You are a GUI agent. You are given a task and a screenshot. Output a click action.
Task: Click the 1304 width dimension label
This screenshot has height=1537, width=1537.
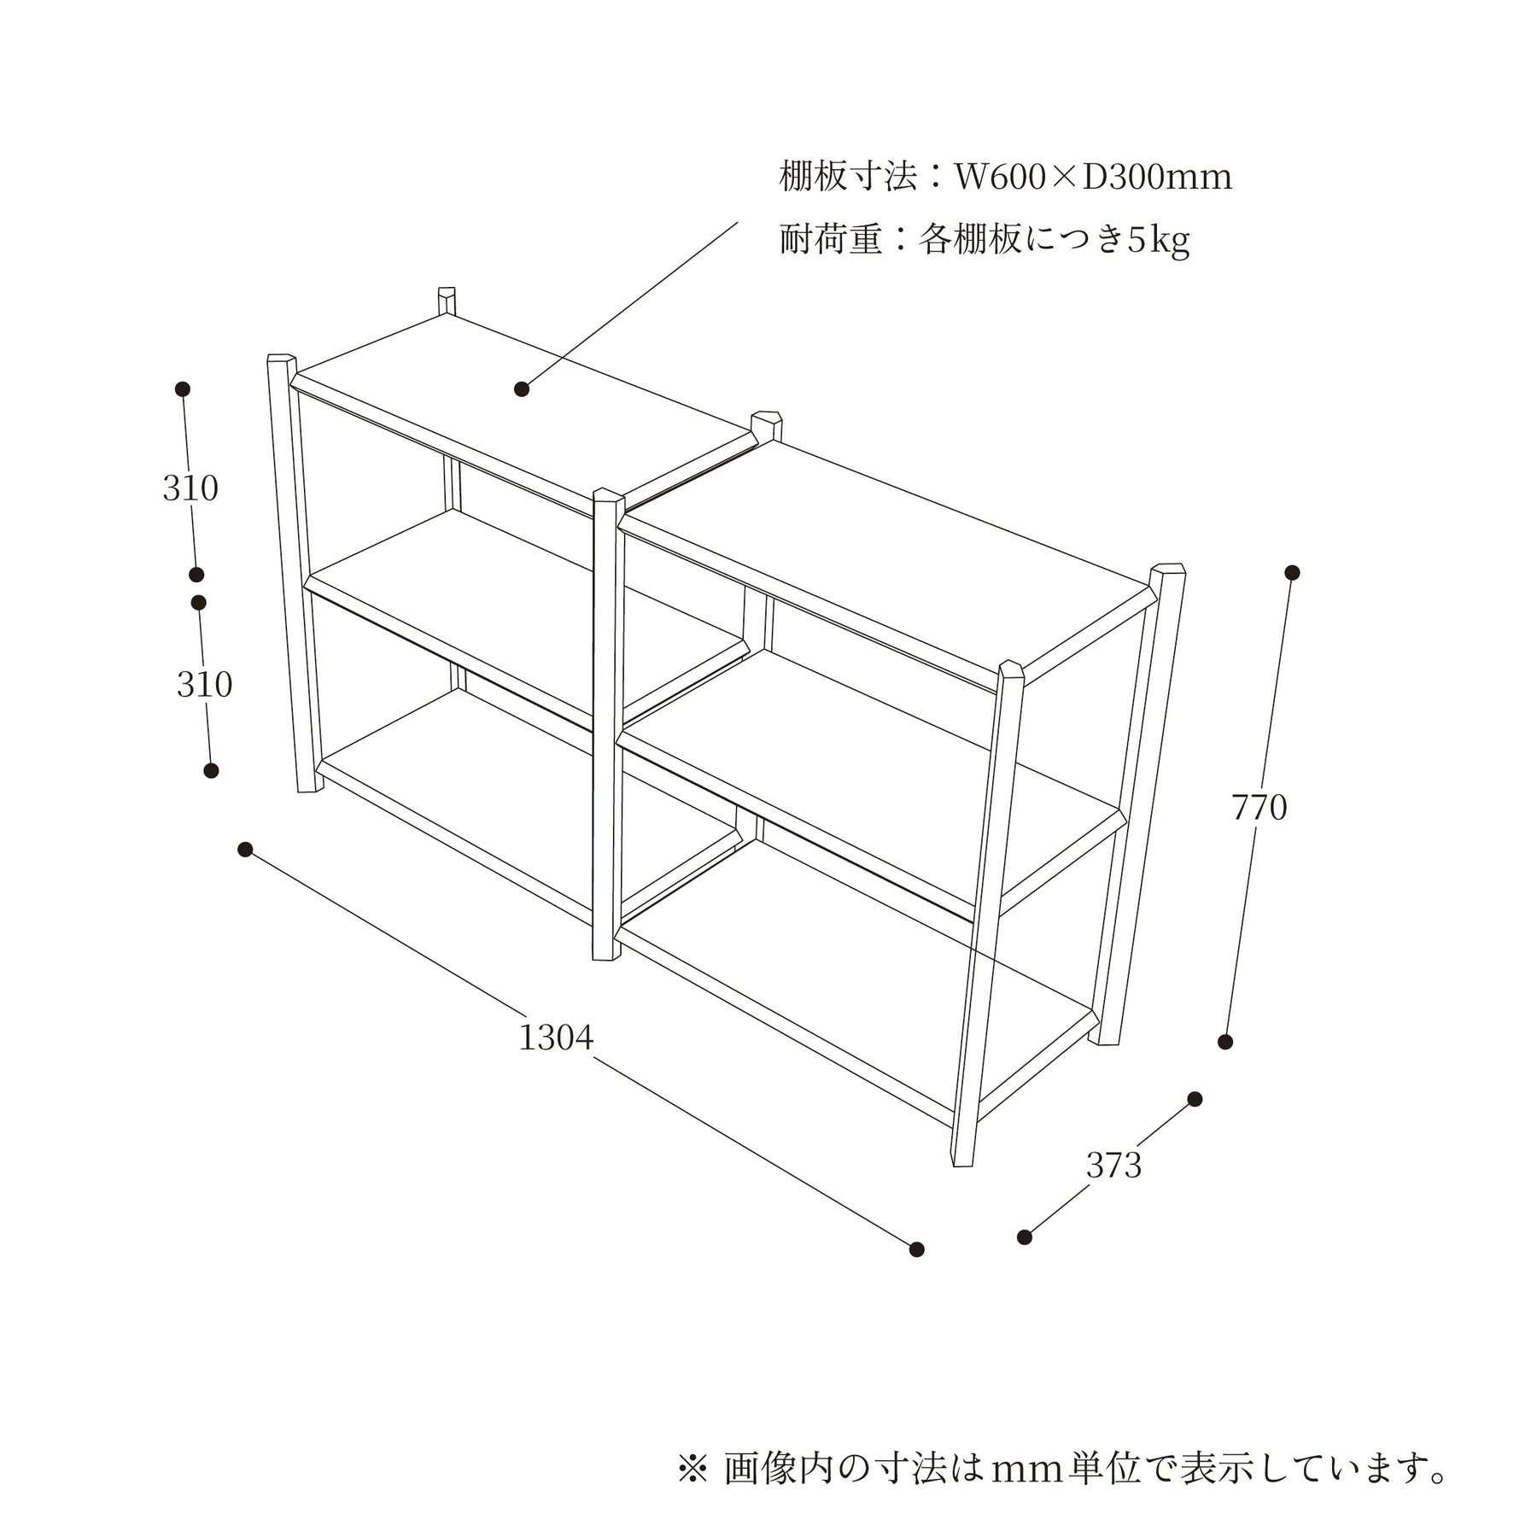[556, 1037]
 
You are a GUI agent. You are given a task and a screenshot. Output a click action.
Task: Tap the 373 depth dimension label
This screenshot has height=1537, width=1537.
[1113, 1165]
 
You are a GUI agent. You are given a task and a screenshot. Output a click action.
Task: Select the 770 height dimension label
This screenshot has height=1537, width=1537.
[1259, 807]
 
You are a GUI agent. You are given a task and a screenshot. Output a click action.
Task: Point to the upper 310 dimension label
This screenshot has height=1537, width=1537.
[190, 488]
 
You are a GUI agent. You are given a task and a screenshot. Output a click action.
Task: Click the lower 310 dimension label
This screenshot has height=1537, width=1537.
[204, 684]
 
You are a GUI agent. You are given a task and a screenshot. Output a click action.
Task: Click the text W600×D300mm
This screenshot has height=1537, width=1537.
[1093, 178]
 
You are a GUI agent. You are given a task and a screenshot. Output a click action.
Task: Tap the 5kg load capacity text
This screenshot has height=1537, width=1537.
[1159, 240]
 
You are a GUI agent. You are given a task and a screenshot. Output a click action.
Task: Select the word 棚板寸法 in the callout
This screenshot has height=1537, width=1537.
[848, 178]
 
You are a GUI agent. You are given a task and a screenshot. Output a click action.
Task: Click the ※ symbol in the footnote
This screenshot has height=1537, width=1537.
[693, 1467]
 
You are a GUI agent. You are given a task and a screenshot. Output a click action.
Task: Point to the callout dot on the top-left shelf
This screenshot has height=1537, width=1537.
[522, 389]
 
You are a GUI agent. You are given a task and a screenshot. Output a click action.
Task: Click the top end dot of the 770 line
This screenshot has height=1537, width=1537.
[1292, 572]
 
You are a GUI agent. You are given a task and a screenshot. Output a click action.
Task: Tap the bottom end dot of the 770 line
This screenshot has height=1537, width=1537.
[1225, 1042]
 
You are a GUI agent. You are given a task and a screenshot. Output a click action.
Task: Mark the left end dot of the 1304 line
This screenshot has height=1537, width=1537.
[245, 849]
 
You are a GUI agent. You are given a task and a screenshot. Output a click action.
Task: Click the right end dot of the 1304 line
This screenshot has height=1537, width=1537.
[916, 1249]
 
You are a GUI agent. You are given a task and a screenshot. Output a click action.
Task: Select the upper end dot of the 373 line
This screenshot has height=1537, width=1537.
[1195, 1099]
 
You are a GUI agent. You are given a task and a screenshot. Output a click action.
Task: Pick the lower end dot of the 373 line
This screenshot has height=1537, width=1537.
[1025, 1237]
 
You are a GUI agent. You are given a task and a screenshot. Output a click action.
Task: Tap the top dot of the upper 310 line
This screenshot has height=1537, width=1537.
[182, 389]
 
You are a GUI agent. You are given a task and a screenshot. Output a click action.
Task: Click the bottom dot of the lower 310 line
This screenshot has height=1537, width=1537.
[211, 770]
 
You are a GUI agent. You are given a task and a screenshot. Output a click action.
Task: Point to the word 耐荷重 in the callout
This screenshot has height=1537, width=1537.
[830, 240]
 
